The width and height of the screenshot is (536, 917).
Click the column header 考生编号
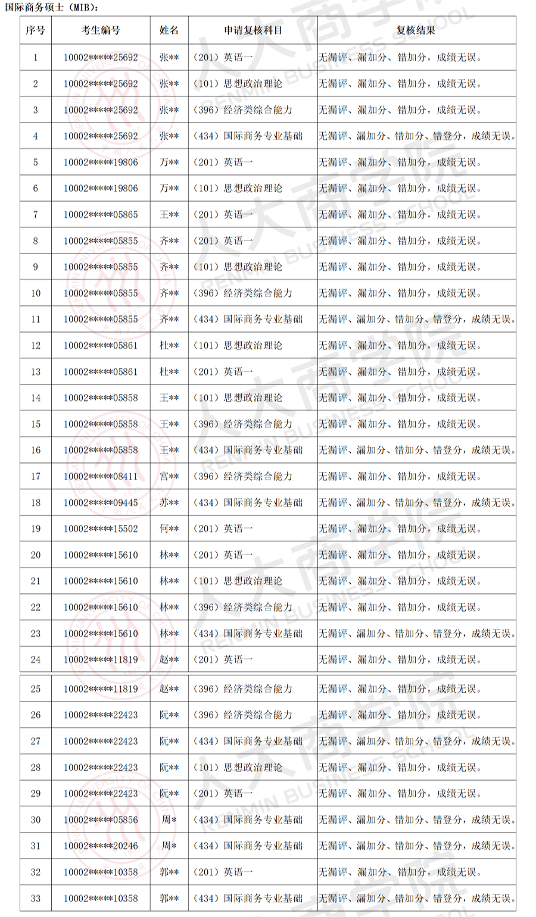101,30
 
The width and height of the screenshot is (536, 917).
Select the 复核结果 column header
416,30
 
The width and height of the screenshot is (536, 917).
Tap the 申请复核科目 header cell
253,30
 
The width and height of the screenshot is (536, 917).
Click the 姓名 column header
169,30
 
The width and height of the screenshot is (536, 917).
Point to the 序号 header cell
35,30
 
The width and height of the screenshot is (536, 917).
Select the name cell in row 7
169,214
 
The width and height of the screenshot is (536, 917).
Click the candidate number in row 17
101,476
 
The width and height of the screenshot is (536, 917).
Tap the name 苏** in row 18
169,502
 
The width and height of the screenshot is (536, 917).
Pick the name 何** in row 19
169,528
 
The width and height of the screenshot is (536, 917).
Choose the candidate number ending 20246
101,846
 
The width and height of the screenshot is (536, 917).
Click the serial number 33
36,898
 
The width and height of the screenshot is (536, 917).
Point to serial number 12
36,345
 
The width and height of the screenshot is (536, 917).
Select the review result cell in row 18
417,502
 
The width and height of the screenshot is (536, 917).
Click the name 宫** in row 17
169,476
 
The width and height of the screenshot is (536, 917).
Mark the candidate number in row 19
101,528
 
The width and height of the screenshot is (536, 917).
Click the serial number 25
36,688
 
